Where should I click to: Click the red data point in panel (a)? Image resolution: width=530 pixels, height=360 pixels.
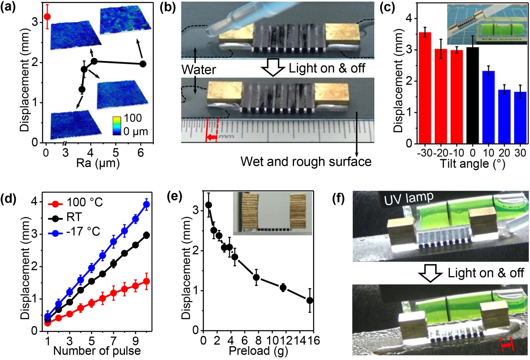(x=47, y=17)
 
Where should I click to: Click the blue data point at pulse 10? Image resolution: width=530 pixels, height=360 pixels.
(x=146, y=204)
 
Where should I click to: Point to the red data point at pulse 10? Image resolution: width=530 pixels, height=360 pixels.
(x=146, y=281)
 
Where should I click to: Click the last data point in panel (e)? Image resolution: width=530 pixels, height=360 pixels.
(x=309, y=300)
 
